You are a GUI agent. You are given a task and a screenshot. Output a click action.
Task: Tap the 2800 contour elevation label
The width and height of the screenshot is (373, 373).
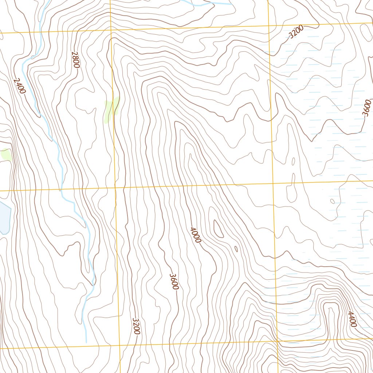[x=76, y=60]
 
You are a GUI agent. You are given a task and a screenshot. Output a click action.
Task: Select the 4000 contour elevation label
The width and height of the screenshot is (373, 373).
[x=195, y=235]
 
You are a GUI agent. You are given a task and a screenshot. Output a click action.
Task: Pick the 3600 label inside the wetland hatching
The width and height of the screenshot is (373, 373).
[x=366, y=108]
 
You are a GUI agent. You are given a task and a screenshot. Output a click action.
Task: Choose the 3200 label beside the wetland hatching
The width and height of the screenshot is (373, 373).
[x=295, y=33]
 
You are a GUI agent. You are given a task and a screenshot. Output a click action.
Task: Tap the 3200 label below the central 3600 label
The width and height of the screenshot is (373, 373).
[x=136, y=326]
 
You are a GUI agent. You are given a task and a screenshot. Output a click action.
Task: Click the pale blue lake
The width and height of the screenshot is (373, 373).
[x=4, y=217]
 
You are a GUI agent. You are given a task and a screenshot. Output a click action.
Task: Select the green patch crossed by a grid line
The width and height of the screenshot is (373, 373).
[x=111, y=109]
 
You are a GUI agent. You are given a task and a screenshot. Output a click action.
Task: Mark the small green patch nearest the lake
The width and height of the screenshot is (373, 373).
[x=6, y=154]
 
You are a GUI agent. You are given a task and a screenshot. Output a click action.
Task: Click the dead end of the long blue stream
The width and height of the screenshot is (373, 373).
[x=86, y=342]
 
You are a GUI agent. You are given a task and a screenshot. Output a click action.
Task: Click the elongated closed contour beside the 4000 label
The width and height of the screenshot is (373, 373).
[x=219, y=229]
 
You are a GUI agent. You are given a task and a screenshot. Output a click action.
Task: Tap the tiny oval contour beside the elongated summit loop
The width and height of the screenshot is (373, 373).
[x=236, y=249]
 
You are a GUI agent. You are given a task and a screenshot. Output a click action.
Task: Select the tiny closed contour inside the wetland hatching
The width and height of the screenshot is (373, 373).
[x=332, y=201]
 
